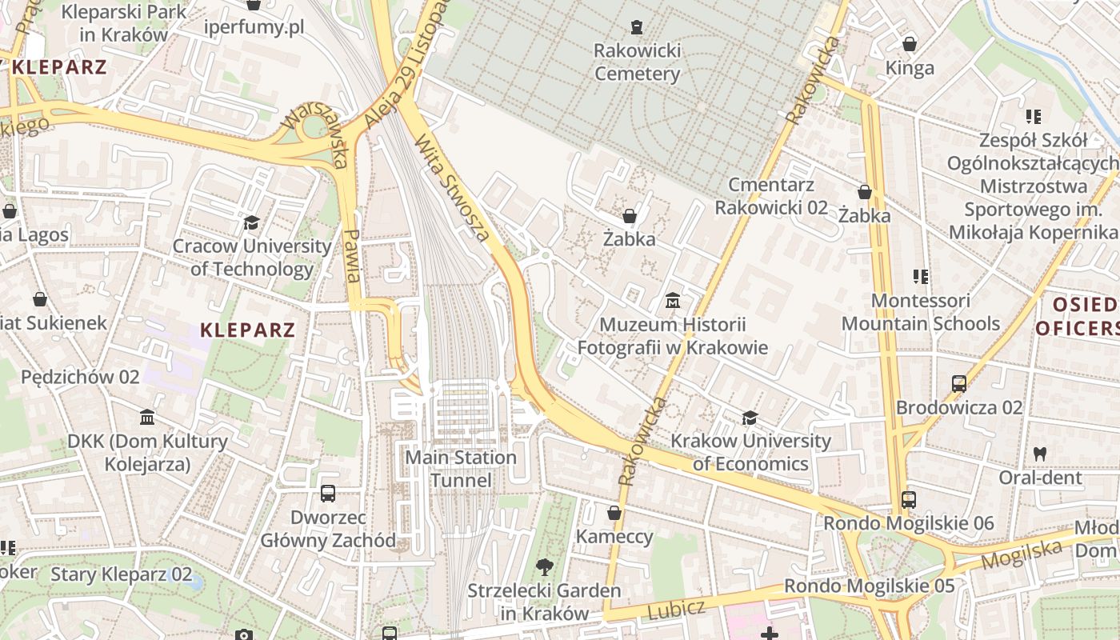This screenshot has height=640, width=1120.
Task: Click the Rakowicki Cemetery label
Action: tap(637, 62)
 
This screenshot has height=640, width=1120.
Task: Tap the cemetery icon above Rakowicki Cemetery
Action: tap(636, 27)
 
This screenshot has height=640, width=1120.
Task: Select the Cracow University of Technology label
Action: tap(252, 257)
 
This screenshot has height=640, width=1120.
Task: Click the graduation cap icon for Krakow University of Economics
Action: tap(750, 418)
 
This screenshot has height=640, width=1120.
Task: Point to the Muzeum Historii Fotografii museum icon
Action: tap(672, 302)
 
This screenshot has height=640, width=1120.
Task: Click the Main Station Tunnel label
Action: tap(461, 469)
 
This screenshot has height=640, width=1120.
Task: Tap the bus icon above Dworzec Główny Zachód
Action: tap(327, 493)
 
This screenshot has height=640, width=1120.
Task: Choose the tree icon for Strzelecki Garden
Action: tap(544, 567)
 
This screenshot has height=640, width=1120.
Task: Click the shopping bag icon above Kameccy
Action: tap(614, 513)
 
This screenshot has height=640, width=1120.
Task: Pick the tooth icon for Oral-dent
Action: tap(1040, 454)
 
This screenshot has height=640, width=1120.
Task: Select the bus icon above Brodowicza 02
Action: tap(959, 384)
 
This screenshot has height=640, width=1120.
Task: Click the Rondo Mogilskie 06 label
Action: tap(908, 523)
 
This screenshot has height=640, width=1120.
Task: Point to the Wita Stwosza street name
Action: tap(452, 187)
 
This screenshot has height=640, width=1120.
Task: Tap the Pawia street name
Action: tap(351, 255)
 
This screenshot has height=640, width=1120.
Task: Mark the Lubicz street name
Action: tap(676, 610)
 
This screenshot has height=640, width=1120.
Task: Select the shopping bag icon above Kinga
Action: tap(910, 43)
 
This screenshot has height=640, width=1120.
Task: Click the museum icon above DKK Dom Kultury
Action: tap(147, 418)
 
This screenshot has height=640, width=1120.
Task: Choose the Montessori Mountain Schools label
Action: tap(920, 312)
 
